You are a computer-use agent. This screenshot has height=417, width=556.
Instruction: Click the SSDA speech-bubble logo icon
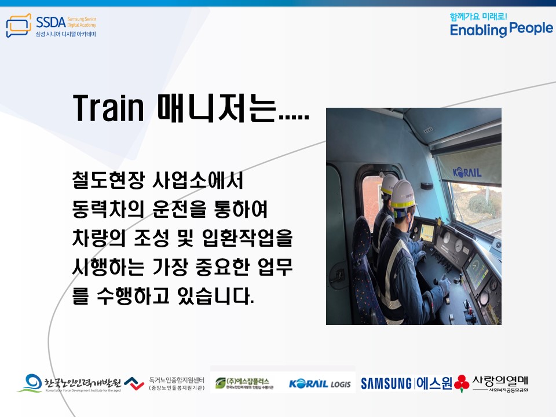(x=18, y=27)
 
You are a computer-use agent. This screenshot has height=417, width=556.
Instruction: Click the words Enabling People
(x=501, y=30)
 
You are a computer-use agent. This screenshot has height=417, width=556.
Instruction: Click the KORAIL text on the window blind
(x=467, y=171)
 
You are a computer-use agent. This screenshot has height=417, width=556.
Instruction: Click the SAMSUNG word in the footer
(x=386, y=383)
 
